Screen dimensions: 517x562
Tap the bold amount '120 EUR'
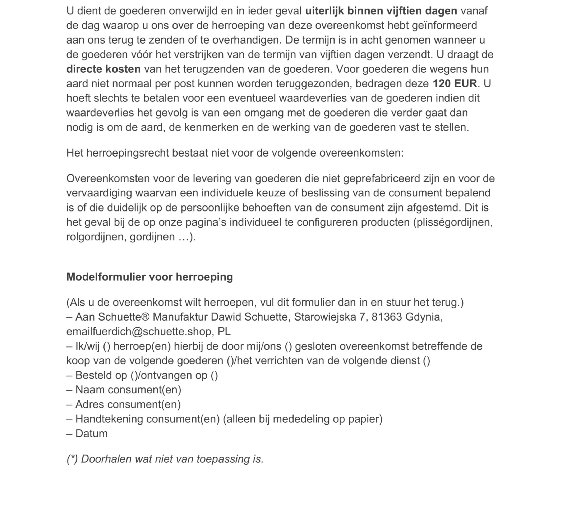point(455,84)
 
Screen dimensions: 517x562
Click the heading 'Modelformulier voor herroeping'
point(149,277)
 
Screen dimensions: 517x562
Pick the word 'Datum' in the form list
point(91,433)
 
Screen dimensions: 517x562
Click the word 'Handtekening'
point(109,419)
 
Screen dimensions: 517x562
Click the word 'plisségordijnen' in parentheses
point(454,222)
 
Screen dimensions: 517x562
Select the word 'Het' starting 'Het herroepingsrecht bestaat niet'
point(75,153)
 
